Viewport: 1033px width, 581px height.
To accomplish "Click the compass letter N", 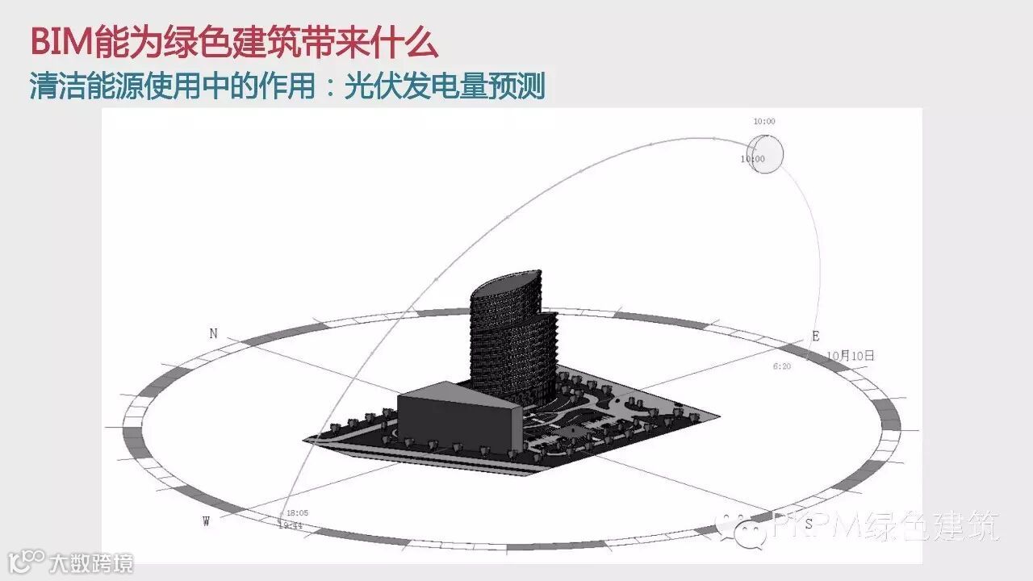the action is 213,333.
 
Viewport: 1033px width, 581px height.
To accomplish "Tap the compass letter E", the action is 816,336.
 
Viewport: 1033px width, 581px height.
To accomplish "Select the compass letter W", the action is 207,521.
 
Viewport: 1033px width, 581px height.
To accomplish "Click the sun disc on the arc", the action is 765,153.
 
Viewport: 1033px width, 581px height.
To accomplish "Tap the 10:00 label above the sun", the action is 763,121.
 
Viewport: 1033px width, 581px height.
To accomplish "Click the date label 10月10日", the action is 851,355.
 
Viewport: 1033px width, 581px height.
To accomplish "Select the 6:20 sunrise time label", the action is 782,366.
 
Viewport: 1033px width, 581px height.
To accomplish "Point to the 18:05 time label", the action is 297,512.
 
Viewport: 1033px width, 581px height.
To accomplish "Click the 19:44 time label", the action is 290,525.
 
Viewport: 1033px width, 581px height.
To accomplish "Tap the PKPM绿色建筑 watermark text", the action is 885,526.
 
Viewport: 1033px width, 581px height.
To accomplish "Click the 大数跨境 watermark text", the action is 90,562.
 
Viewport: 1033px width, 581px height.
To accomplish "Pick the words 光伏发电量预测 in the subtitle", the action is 445,86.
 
